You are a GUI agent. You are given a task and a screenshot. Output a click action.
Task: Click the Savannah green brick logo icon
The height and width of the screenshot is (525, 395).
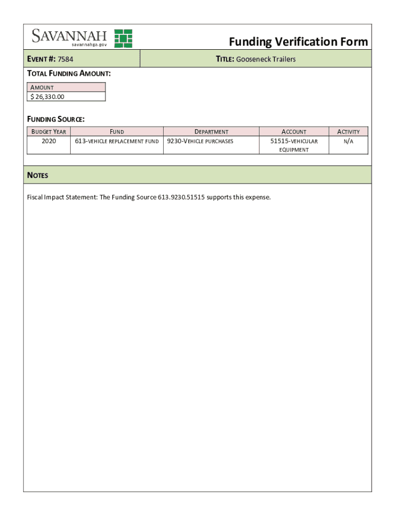coord(123,38)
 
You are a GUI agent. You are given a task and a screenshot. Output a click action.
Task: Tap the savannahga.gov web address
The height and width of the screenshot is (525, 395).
coord(89,45)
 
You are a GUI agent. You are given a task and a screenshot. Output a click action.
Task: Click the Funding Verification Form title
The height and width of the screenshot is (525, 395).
coord(298,42)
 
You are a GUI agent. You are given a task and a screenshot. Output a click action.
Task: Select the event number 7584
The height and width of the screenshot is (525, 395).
coord(66,59)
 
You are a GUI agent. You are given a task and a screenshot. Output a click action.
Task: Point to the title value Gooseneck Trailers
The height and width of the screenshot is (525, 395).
coord(266,59)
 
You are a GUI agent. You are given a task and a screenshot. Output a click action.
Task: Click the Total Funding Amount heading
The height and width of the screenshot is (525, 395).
coord(69,73)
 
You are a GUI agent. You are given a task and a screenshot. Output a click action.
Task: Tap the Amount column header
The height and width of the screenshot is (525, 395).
coord(42,87)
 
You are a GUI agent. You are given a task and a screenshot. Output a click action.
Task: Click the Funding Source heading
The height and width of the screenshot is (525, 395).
coord(56,119)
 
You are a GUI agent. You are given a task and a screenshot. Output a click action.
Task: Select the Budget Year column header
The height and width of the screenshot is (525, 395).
coord(49,132)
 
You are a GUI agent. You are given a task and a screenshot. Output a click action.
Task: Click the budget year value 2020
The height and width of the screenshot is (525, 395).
coord(49,141)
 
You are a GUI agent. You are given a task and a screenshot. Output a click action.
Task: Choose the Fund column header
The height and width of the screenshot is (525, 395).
coord(117,132)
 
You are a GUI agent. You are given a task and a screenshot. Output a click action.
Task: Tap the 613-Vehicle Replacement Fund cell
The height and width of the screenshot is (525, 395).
coord(117,141)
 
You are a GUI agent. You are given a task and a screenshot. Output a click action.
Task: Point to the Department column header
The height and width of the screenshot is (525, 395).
coord(211,132)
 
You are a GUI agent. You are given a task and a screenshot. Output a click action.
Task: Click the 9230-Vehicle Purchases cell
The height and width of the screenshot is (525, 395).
coord(200,141)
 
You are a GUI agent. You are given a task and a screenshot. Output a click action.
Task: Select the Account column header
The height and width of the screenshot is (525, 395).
coord(294,132)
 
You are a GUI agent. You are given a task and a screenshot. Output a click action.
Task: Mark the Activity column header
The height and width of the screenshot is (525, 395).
coord(348,132)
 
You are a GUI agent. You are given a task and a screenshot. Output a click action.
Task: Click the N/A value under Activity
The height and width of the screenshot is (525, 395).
coord(348,141)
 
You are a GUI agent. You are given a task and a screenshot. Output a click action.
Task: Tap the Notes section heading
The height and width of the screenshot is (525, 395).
coord(37,175)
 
